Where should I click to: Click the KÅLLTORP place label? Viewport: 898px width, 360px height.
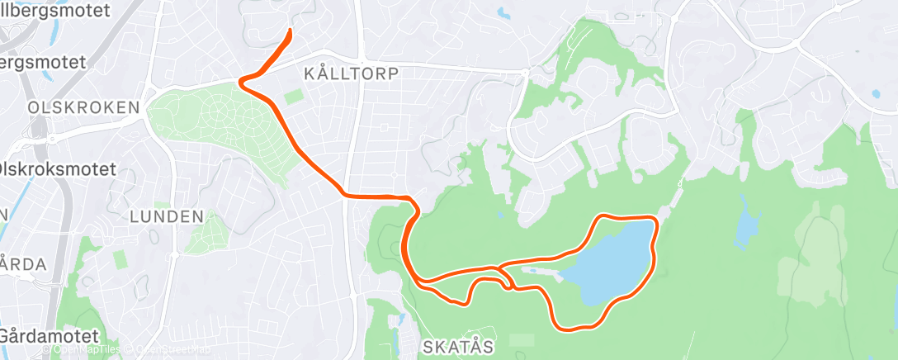[x=351, y=73]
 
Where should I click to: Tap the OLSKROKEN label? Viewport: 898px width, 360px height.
[x=69, y=108]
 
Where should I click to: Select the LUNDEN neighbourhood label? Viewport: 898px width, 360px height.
[x=167, y=216]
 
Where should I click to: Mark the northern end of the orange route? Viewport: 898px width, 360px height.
[x=291, y=31]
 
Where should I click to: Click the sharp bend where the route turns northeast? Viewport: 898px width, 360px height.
[x=241, y=81]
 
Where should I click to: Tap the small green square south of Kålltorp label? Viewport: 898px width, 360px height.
[x=293, y=97]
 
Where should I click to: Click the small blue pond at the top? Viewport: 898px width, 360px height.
[x=503, y=13]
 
